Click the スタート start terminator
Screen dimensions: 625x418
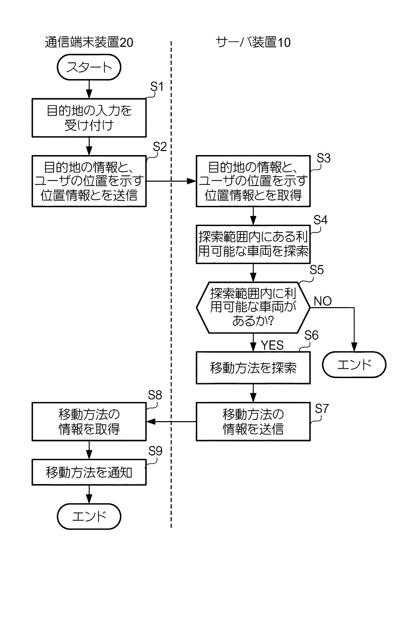coord(89,67)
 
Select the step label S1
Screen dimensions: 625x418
coord(157,87)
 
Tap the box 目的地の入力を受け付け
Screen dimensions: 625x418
coord(89,118)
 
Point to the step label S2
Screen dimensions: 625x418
coord(160,147)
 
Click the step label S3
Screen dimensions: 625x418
coord(324,158)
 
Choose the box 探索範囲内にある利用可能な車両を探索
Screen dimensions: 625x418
coord(253,244)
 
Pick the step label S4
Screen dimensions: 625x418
coord(321,220)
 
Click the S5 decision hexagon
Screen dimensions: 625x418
coord(253,307)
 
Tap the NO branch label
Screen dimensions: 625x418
coord(323,301)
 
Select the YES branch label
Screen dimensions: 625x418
coord(272,345)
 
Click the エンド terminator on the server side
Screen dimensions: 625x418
coord(354,365)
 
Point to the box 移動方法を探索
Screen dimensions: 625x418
coord(253,368)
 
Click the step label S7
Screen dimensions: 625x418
coord(322,408)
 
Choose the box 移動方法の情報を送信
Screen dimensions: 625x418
coord(253,422)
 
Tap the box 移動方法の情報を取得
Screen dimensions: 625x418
coord(89,422)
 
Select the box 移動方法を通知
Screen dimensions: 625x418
coord(89,473)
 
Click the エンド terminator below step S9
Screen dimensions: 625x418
coord(89,516)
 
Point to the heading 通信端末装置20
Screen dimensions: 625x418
coord(89,42)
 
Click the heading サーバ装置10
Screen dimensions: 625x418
coord(253,42)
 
